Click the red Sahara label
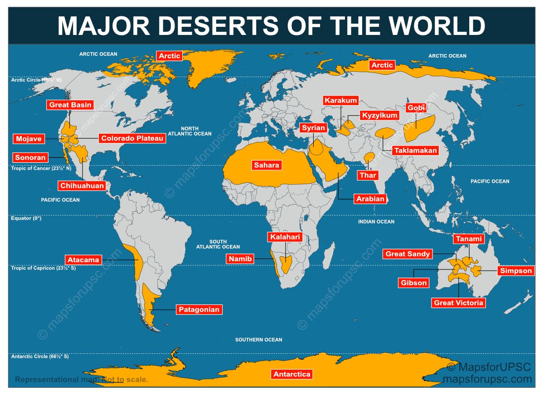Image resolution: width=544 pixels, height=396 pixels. (267, 165)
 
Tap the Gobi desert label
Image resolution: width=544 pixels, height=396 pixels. (416, 108)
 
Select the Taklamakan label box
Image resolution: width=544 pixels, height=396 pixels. (415, 150)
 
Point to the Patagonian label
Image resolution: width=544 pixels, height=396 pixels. (199, 310)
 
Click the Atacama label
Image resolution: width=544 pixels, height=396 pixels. (83, 260)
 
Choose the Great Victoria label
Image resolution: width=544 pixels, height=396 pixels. (459, 303)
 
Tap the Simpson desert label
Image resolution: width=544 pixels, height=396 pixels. (516, 271)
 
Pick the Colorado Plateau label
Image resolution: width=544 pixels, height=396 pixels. (132, 138)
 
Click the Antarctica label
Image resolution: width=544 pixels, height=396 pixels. (292, 374)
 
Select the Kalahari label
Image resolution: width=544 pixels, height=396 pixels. (285, 237)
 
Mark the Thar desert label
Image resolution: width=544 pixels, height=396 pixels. (368, 175)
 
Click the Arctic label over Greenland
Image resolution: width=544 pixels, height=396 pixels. (170, 56)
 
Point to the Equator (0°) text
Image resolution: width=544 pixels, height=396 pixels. (26, 218)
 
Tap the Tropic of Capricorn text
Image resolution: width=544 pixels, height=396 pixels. (44, 268)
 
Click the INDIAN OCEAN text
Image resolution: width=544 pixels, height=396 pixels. (376, 222)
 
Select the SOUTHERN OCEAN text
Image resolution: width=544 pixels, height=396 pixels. (258, 340)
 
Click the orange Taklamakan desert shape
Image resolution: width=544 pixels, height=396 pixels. (385, 133)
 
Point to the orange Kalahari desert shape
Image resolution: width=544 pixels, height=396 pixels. (286, 264)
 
